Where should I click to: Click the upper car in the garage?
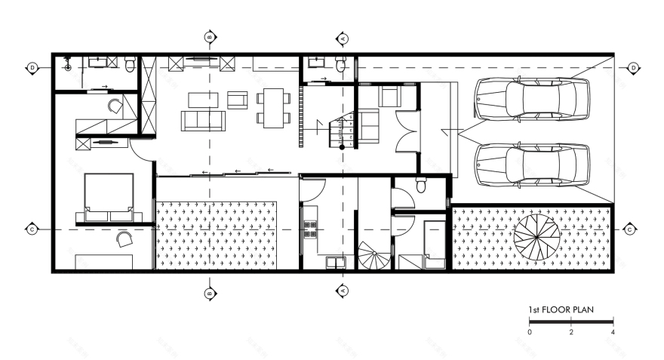click(x=531, y=98)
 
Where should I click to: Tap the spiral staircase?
click(x=374, y=257)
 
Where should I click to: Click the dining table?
click(x=272, y=106)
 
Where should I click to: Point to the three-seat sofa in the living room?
click(x=201, y=120)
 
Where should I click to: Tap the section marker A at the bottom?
click(x=342, y=289)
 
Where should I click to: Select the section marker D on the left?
click(x=32, y=68)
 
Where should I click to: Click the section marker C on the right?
click(x=629, y=229)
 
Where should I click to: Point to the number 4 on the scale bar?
click(x=612, y=332)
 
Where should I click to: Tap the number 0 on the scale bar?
click(x=530, y=332)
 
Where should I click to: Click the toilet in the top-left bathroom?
click(x=131, y=66)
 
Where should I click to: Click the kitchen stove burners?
click(x=309, y=229)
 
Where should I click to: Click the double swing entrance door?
click(x=407, y=133)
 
